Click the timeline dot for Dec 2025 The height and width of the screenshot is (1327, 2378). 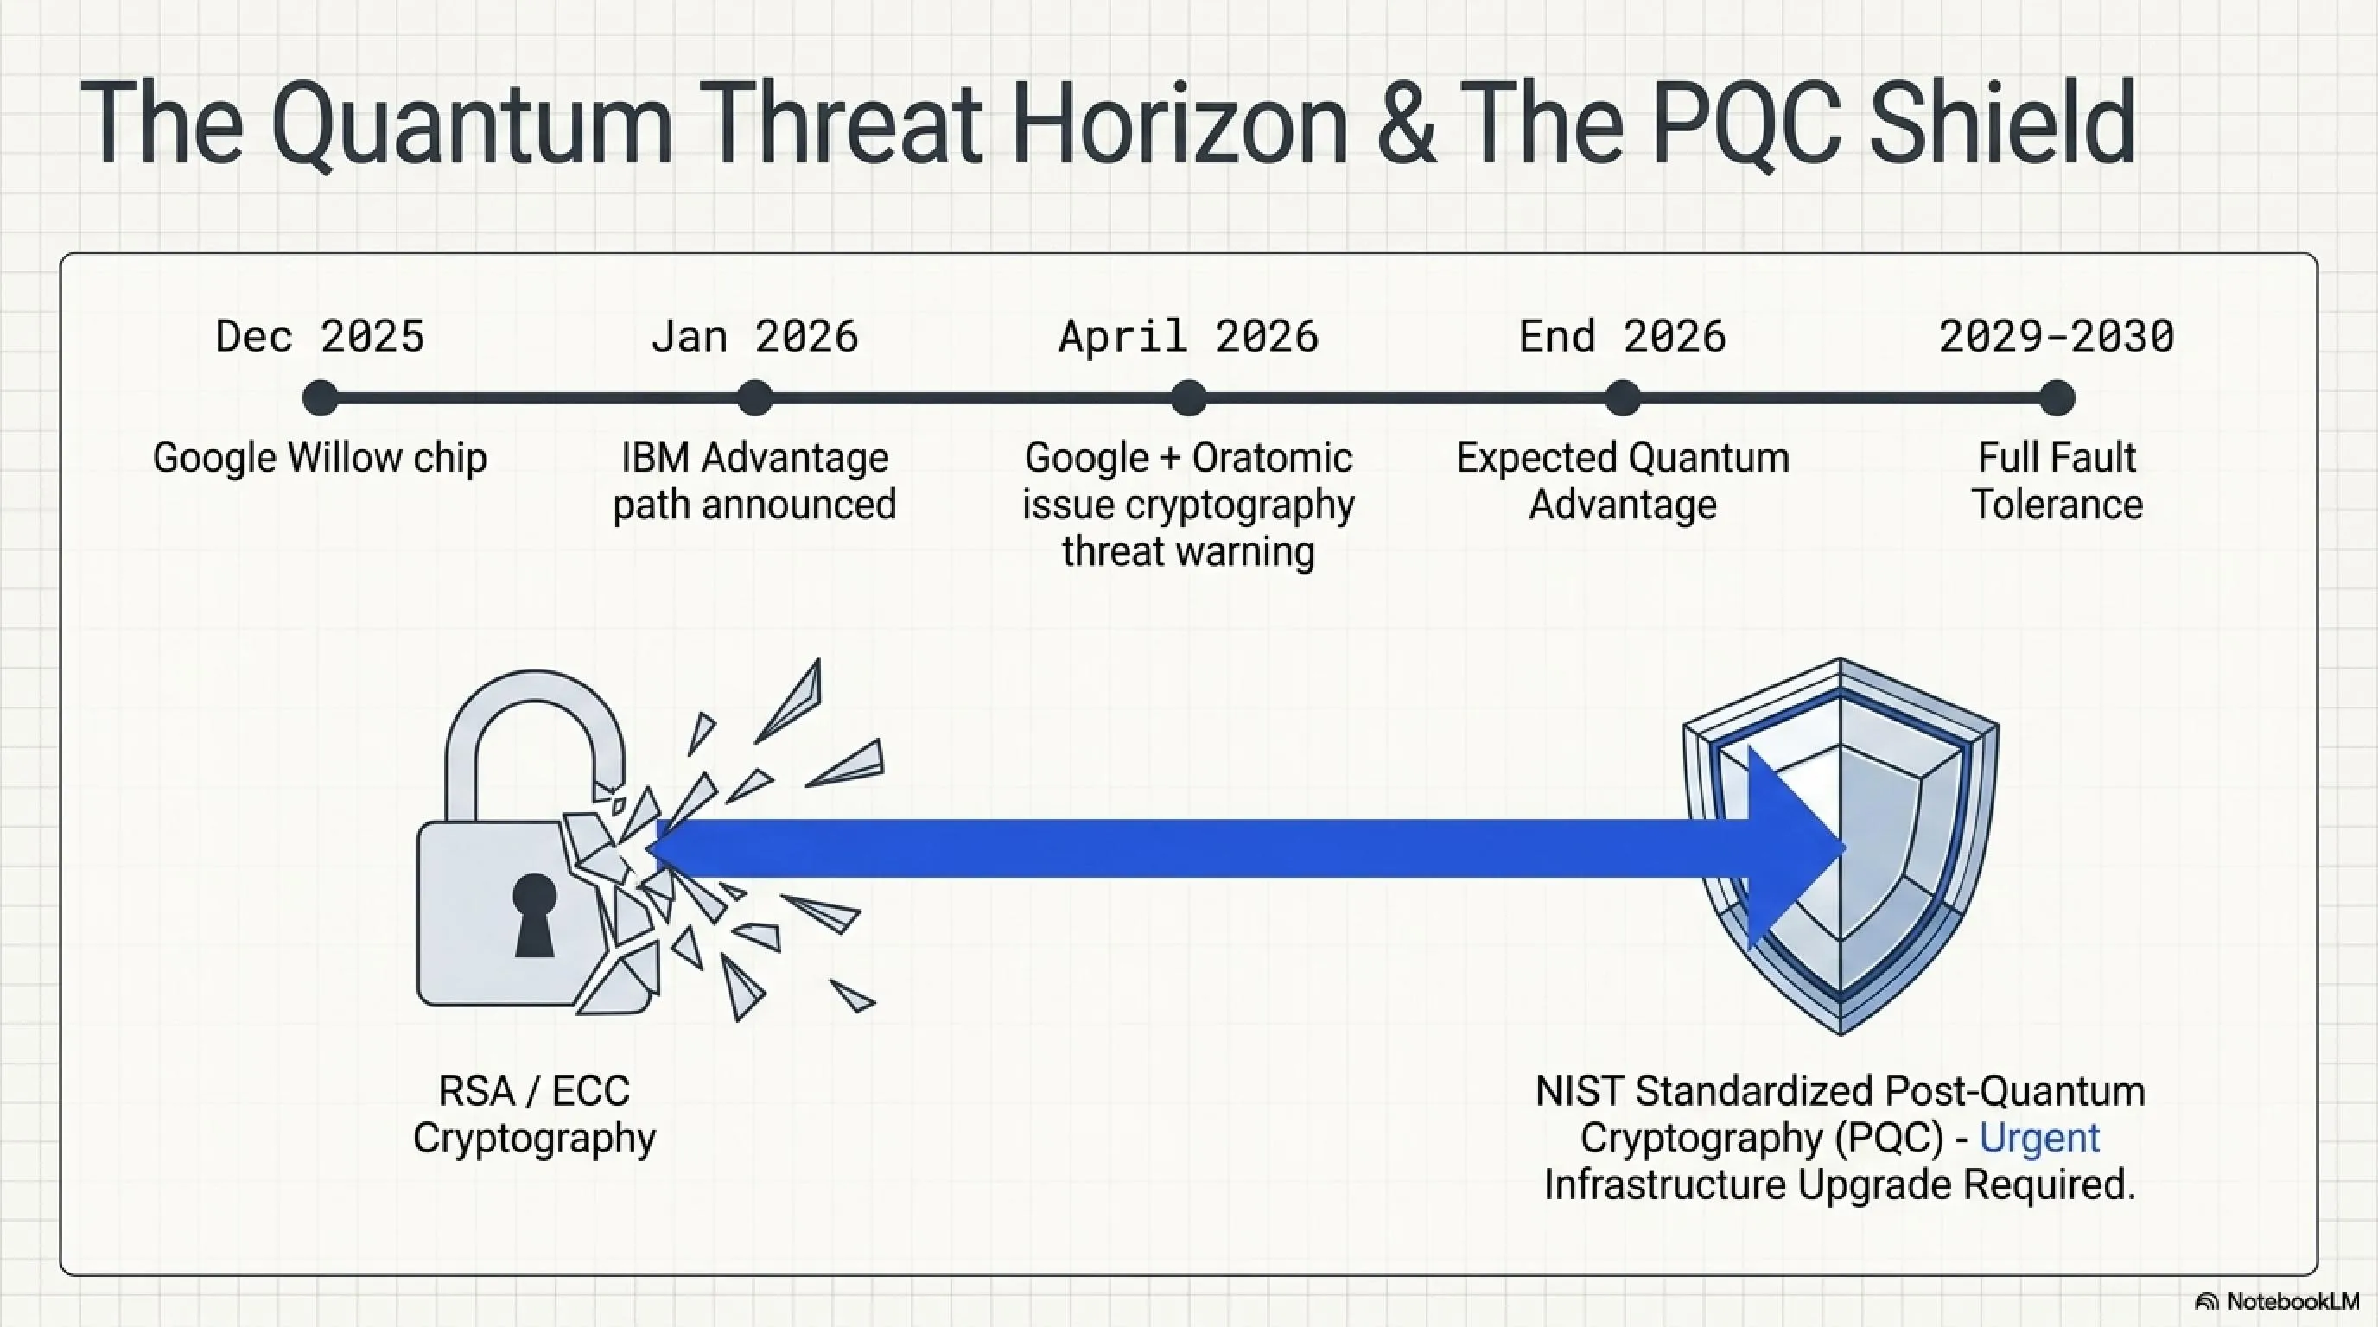[321, 398]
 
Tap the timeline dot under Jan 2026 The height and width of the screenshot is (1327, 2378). [755, 398]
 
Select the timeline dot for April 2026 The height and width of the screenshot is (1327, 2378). [1189, 398]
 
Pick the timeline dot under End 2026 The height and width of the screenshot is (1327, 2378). [1623, 398]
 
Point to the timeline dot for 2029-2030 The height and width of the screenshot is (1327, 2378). [2057, 398]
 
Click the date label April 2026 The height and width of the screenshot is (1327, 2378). [1189, 336]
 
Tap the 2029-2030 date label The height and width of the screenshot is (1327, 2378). [2057, 336]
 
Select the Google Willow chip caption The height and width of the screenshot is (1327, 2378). [320, 459]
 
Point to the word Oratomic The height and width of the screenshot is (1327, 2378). [1272, 458]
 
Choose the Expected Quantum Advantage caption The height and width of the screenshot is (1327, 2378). [1623, 481]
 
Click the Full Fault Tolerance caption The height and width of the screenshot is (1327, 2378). [2057, 481]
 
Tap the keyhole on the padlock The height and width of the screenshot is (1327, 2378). [535, 915]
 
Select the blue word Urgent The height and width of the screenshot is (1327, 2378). [2039, 1139]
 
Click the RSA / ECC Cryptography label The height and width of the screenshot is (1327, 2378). [535, 1114]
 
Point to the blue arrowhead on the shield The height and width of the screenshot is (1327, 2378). [1796, 848]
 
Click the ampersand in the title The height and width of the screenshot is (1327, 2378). [1406, 124]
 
